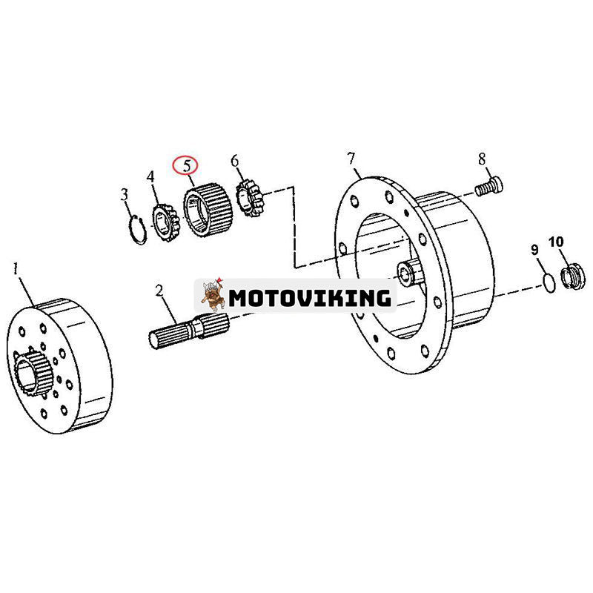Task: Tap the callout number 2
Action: click(159, 290)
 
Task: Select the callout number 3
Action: click(125, 194)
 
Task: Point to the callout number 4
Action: click(151, 177)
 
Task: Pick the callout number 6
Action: click(235, 161)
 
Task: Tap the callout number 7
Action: click(351, 158)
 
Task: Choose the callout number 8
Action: click(482, 158)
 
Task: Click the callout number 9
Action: click(534, 249)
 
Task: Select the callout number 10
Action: click(556, 242)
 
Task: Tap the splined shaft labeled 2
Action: click(186, 331)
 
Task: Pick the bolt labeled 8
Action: click(490, 185)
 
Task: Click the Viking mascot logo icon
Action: click(211, 296)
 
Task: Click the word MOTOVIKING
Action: click(310, 298)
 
